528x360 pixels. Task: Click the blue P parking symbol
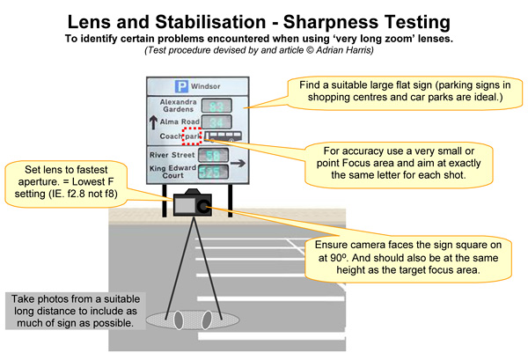pos(181,86)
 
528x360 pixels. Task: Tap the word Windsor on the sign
pos(205,86)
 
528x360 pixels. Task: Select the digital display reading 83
pos(216,106)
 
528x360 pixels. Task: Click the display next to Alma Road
pos(216,122)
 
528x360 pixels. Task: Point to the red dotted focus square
pos(192,136)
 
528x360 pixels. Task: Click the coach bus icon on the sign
pos(224,136)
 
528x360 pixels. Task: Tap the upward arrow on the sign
pos(153,122)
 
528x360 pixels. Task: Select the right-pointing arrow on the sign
pos(238,164)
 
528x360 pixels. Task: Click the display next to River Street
pos(214,155)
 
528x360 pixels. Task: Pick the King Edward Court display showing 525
pos(214,172)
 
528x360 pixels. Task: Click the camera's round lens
pos(203,206)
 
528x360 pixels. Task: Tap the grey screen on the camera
pos(185,205)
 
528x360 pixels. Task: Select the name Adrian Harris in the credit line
pos(343,50)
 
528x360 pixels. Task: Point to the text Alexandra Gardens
pos(178,106)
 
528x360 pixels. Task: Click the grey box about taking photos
pos(76,311)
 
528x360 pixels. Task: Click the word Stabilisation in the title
pos(210,22)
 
